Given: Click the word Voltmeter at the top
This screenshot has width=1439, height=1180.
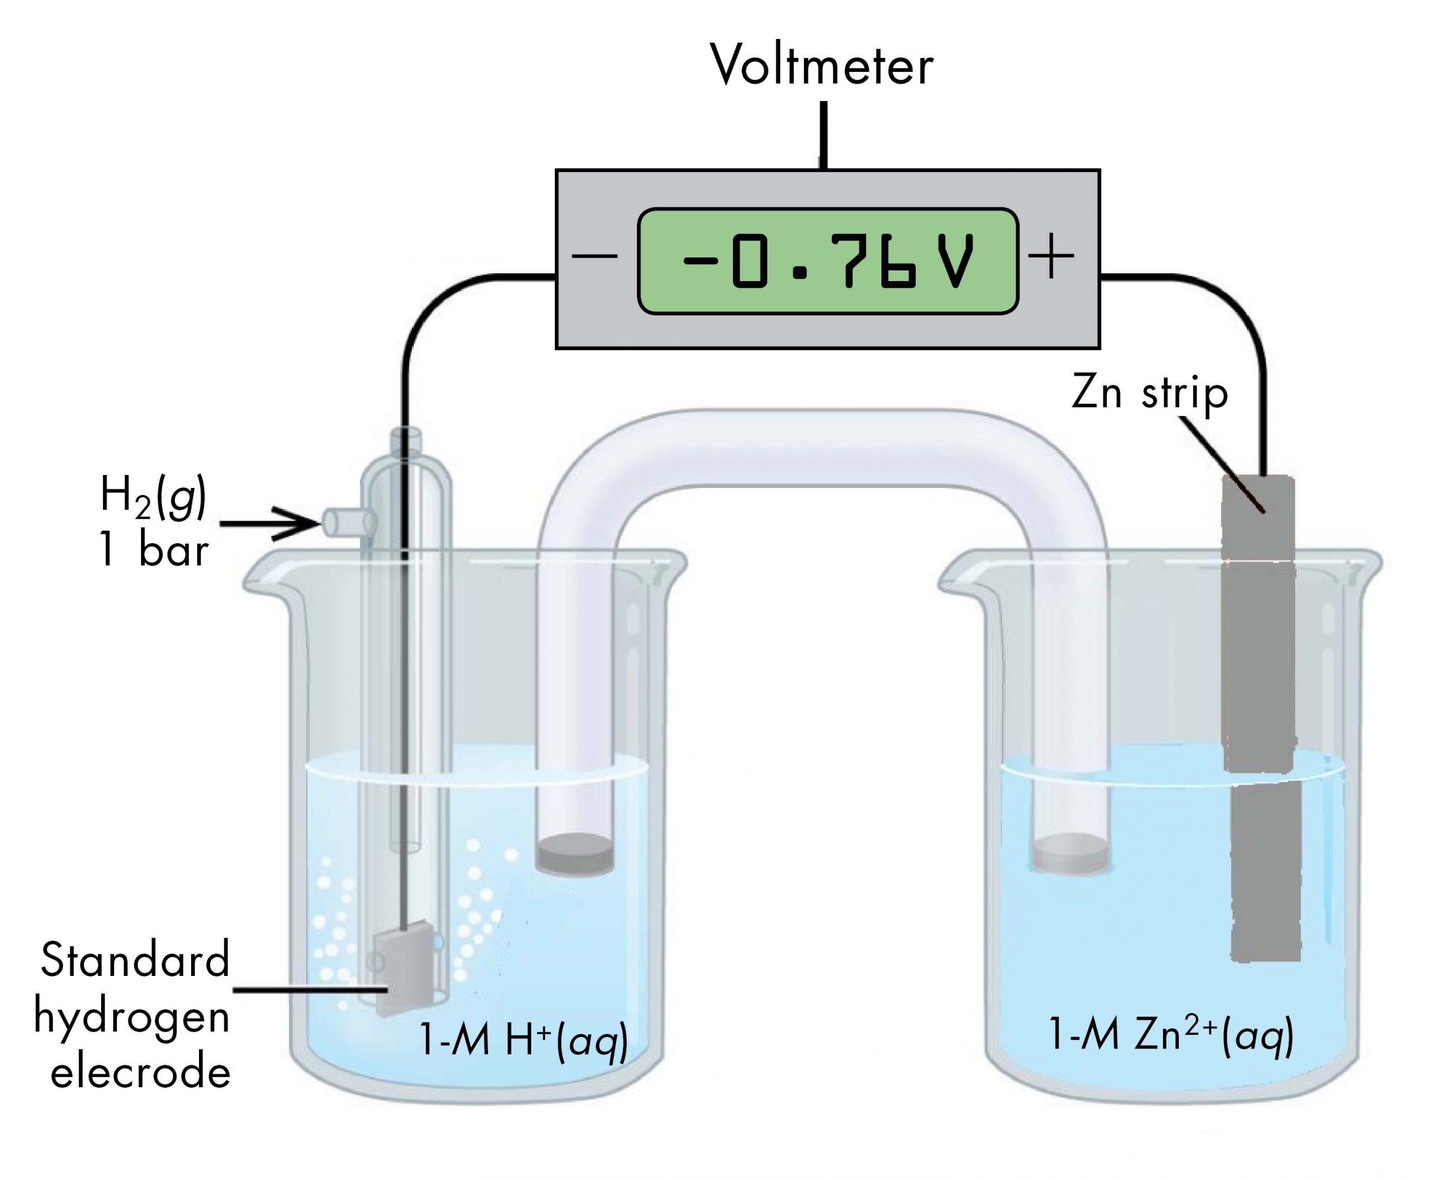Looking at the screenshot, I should [821, 66].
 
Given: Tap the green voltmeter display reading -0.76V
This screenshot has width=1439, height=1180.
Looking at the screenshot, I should [827, 261].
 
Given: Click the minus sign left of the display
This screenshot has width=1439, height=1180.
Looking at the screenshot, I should [594, 257].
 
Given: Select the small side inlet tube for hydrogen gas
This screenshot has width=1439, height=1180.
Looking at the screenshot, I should [347, 522].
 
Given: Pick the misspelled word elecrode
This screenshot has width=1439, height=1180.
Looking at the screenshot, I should [140, 1073].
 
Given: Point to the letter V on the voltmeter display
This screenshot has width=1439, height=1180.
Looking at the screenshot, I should [958, 261].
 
